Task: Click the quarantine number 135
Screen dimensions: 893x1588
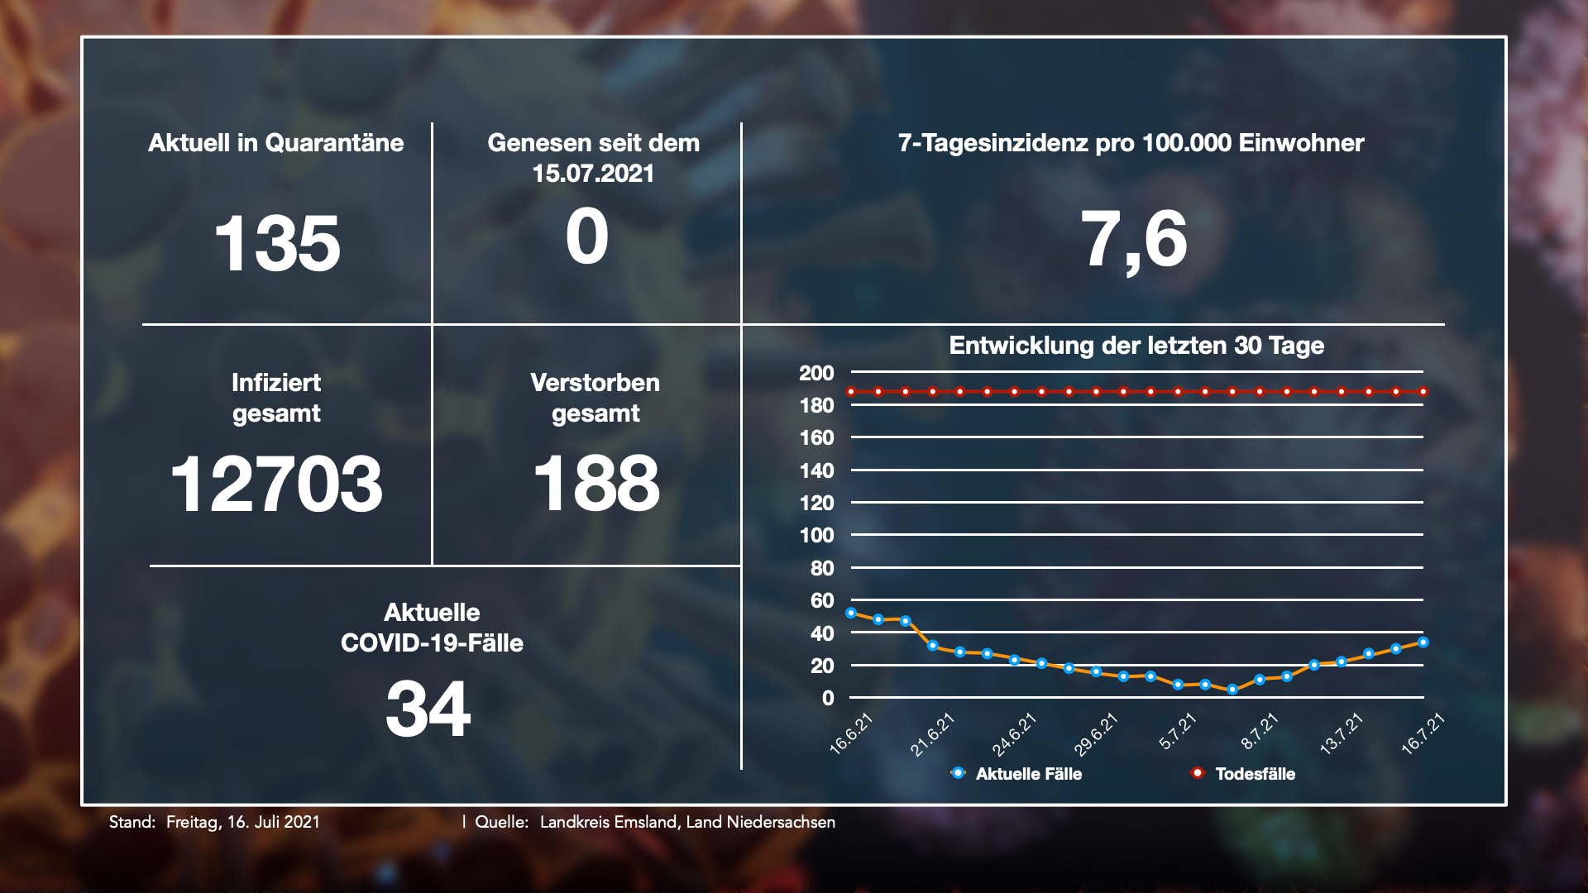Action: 277,243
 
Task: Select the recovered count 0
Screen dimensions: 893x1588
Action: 587,237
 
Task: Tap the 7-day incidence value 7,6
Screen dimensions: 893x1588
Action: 1134,240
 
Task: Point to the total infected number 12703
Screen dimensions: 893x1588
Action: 276,484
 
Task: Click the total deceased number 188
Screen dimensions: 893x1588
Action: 596,484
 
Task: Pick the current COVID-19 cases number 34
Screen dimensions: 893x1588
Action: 428,709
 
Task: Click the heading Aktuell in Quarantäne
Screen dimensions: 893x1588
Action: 276,143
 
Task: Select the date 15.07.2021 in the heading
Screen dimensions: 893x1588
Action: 593,174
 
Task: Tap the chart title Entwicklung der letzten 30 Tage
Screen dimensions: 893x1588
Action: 1136,346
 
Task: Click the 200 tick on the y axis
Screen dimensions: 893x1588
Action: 816,373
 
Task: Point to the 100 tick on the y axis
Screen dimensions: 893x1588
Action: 816,535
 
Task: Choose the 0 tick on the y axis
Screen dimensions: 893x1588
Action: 828,698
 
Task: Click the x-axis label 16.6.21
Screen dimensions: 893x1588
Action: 851,733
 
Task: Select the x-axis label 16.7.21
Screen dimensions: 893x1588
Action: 1423,733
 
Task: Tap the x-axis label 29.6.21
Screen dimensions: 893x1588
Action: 1096,734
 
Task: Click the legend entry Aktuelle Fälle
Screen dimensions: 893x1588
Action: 1028,774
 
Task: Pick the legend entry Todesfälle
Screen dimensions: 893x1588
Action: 1255,774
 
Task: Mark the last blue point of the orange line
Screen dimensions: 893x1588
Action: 1423,642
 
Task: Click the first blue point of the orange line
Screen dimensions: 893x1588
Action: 851,614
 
